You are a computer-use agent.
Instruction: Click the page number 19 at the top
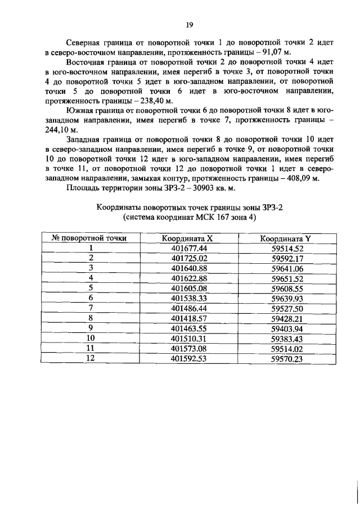pos(190,25)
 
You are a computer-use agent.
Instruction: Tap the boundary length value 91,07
pos(277,53)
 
